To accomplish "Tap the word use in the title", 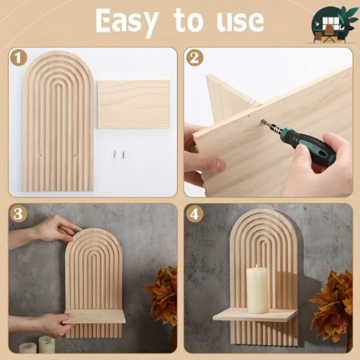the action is pos(240,22).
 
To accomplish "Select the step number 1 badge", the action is pos(18,58).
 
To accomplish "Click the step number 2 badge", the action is pos(195,58).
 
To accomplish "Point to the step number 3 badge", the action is pos(18,214).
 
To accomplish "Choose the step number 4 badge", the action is pos(195,214).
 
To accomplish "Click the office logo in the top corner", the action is pos(333,25).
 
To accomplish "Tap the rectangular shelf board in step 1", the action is pos(134,104).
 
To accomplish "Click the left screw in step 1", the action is pos(115,154).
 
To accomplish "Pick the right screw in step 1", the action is pos(123,155).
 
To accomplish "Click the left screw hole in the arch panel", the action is pos(40,155).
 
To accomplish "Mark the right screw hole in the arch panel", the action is pos(76,155).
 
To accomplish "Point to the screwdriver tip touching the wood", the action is pos(262,121).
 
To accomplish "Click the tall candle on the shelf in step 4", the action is pos(257,289).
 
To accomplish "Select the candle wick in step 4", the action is pos(257,265).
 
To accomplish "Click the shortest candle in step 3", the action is pos(28,347).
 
